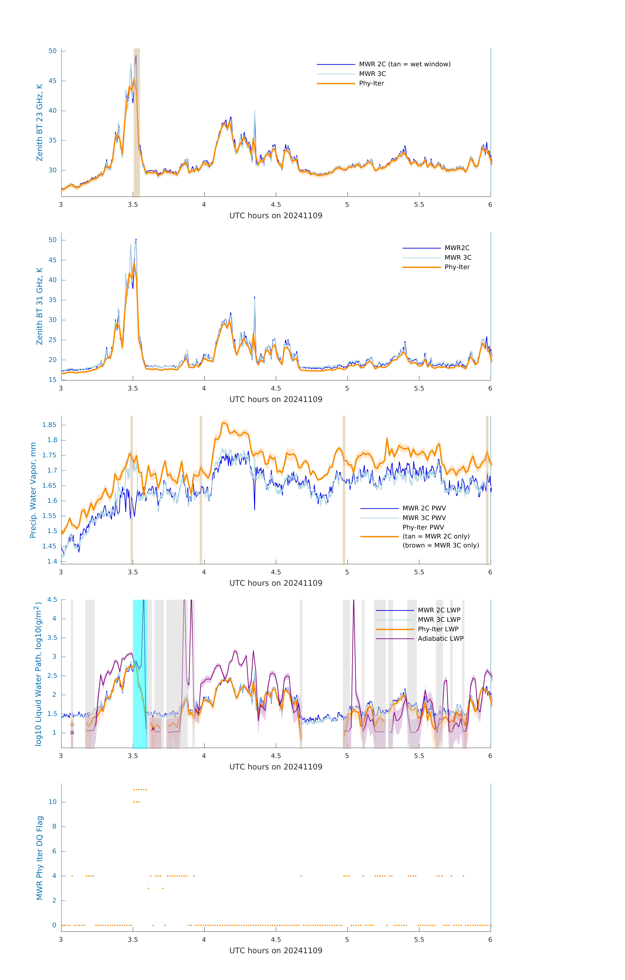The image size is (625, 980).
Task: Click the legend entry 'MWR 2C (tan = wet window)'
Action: coord(404,64)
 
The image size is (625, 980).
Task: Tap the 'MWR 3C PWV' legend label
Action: coord(424,518)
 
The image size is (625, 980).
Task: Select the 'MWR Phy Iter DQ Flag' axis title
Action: coord(40,858)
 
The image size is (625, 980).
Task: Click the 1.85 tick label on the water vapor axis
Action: coord(49,425)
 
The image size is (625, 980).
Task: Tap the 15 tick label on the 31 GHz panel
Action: coord(52,380)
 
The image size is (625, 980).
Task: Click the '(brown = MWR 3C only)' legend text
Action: coord(441,545)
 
